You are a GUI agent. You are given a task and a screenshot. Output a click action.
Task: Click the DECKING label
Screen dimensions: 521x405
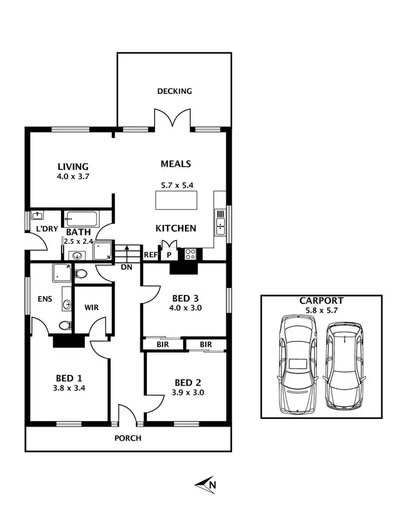click(x=174, y=91)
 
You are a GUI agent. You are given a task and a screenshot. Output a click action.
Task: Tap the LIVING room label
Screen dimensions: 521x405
click(x=73, y=167)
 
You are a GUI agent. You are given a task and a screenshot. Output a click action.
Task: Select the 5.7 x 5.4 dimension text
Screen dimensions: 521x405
click(x=177, y=185)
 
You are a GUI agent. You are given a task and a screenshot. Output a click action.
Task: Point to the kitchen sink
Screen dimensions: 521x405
click(x=220, y=223)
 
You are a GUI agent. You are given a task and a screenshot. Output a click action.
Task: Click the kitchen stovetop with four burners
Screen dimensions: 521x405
click(x=190, y=254)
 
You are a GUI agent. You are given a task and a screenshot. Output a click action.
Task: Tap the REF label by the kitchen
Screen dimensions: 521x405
click(x=150, y=255)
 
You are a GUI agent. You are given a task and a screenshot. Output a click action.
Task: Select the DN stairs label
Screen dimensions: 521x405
click(x=127, y=266)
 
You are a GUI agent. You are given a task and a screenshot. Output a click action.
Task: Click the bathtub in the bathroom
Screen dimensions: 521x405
click(x=82, y=219)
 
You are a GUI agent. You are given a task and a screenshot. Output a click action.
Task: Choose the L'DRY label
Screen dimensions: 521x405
click(x=46, y=229)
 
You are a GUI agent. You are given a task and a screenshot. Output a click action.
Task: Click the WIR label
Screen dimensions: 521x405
click(x=91, y=309)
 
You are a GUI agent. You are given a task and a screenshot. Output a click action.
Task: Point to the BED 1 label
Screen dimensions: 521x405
click(x=69, y=378)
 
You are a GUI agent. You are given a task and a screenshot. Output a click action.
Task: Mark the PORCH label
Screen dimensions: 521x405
click(x=128, y=438)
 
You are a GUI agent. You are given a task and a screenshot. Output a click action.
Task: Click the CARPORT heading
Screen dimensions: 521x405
click(x=322, y=300)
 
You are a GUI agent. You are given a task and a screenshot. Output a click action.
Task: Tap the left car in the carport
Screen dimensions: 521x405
click(x=298, y=365)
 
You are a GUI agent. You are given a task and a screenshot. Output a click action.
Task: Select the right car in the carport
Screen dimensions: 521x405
click(x=344, y=365)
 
